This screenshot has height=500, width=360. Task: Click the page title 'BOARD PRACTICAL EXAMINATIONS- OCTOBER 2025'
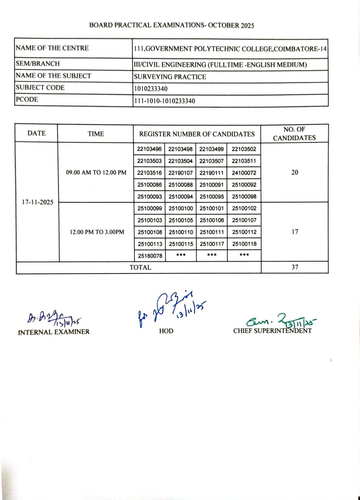pos(171,25)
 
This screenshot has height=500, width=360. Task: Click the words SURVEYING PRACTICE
pos(170,77)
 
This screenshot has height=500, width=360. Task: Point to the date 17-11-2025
pos(37,202)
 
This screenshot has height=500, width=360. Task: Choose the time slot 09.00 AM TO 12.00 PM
pos(96,173)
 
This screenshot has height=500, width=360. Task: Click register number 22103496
pos(149,149)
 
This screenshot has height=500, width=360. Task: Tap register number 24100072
pos(244,173)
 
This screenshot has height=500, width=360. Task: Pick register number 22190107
pos(181,173)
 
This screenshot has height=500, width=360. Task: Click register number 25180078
pos(150,256)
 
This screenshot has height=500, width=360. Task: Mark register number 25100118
pos(244,244)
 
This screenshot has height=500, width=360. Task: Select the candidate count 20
pos(295,173)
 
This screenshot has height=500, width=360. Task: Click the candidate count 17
pos(295,232)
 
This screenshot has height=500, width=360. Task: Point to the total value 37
pos(295,267)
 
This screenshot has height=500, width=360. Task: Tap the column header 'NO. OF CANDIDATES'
pos(294,134)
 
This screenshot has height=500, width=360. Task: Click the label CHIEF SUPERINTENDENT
pos(272,331)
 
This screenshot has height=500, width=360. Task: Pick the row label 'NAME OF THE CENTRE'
pos(52,48)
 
